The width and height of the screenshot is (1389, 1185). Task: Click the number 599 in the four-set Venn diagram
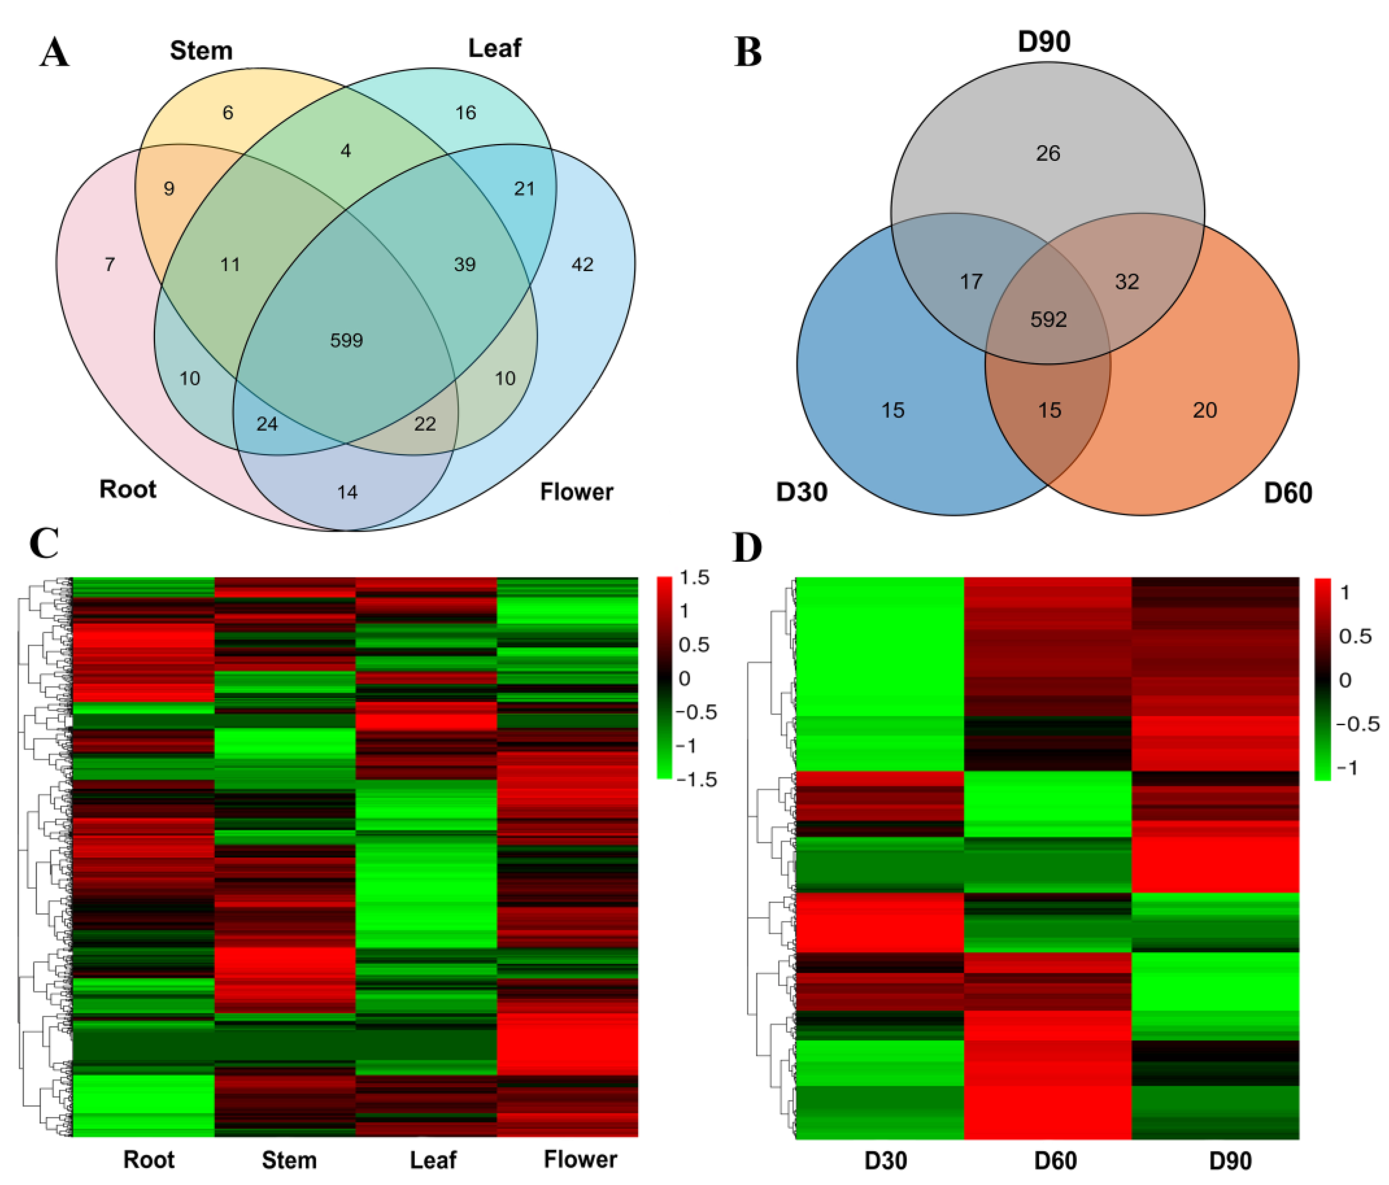(x=346, y=341)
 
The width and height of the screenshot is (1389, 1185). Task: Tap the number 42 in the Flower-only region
(x=582, y=265)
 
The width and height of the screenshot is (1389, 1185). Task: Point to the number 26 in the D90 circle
(x=1048, y=153)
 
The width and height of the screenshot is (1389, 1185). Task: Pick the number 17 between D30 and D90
(x=971, y=281)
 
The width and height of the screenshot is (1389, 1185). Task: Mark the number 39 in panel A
(x=464, y=265)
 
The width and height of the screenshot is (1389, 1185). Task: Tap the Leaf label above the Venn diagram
(x=494, y=48)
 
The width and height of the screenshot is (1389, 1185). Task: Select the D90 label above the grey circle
(x=1044, y=42)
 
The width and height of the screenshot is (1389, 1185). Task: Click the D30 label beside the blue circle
(x=802, y=492)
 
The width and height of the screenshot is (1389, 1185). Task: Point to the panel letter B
(x=748, y=52)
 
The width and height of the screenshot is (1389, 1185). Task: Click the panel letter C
(x=44, y=543)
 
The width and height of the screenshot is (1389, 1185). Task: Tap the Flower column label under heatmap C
(x=580, y=1159)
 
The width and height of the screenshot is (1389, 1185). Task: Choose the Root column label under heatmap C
(x=149, y=1159)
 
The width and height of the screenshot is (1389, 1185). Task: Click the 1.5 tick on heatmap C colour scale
(x=694, y=578)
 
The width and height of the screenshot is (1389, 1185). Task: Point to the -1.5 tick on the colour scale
(x=697, y=779)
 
